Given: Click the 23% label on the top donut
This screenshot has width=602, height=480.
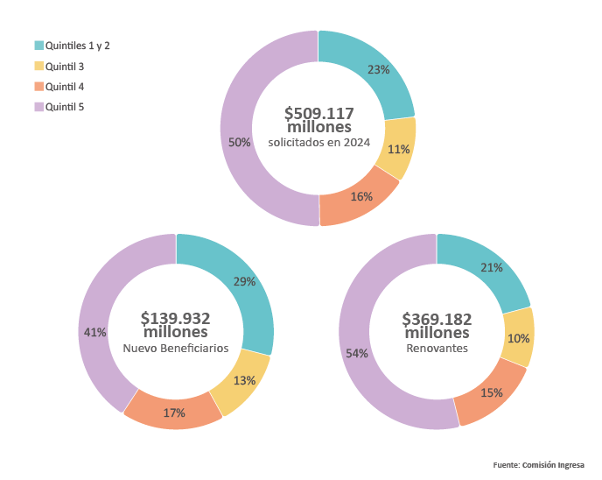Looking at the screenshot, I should (379, 69).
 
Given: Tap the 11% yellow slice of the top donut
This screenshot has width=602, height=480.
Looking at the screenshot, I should (398, 149).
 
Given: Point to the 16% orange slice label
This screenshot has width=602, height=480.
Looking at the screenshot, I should (361, 196).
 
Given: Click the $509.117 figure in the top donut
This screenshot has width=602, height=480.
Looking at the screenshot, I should (318, 113).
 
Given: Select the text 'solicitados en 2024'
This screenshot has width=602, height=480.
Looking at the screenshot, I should (318, 142).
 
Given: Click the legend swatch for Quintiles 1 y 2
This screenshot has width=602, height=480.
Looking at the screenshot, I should (38, 45).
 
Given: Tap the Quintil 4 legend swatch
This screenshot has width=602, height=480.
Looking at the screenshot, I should (38, 86).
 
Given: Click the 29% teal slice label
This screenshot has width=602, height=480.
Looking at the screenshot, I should (244, 281).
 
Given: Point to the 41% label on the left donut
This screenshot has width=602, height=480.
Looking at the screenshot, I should (95, 332).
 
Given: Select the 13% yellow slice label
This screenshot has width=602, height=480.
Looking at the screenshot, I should (244, 380).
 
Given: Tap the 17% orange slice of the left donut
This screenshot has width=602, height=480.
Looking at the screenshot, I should (173, 413).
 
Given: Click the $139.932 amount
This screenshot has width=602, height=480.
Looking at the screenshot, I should (176, 318).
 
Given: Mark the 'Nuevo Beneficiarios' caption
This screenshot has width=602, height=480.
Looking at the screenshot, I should (176, 348).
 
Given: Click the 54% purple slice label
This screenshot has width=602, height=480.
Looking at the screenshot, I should (356, 353).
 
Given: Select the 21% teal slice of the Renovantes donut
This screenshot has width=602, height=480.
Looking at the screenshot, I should (491, 268).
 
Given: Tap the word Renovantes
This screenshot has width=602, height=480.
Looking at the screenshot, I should (437, 348).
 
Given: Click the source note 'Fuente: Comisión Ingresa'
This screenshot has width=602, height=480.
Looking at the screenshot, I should (538, 464).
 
